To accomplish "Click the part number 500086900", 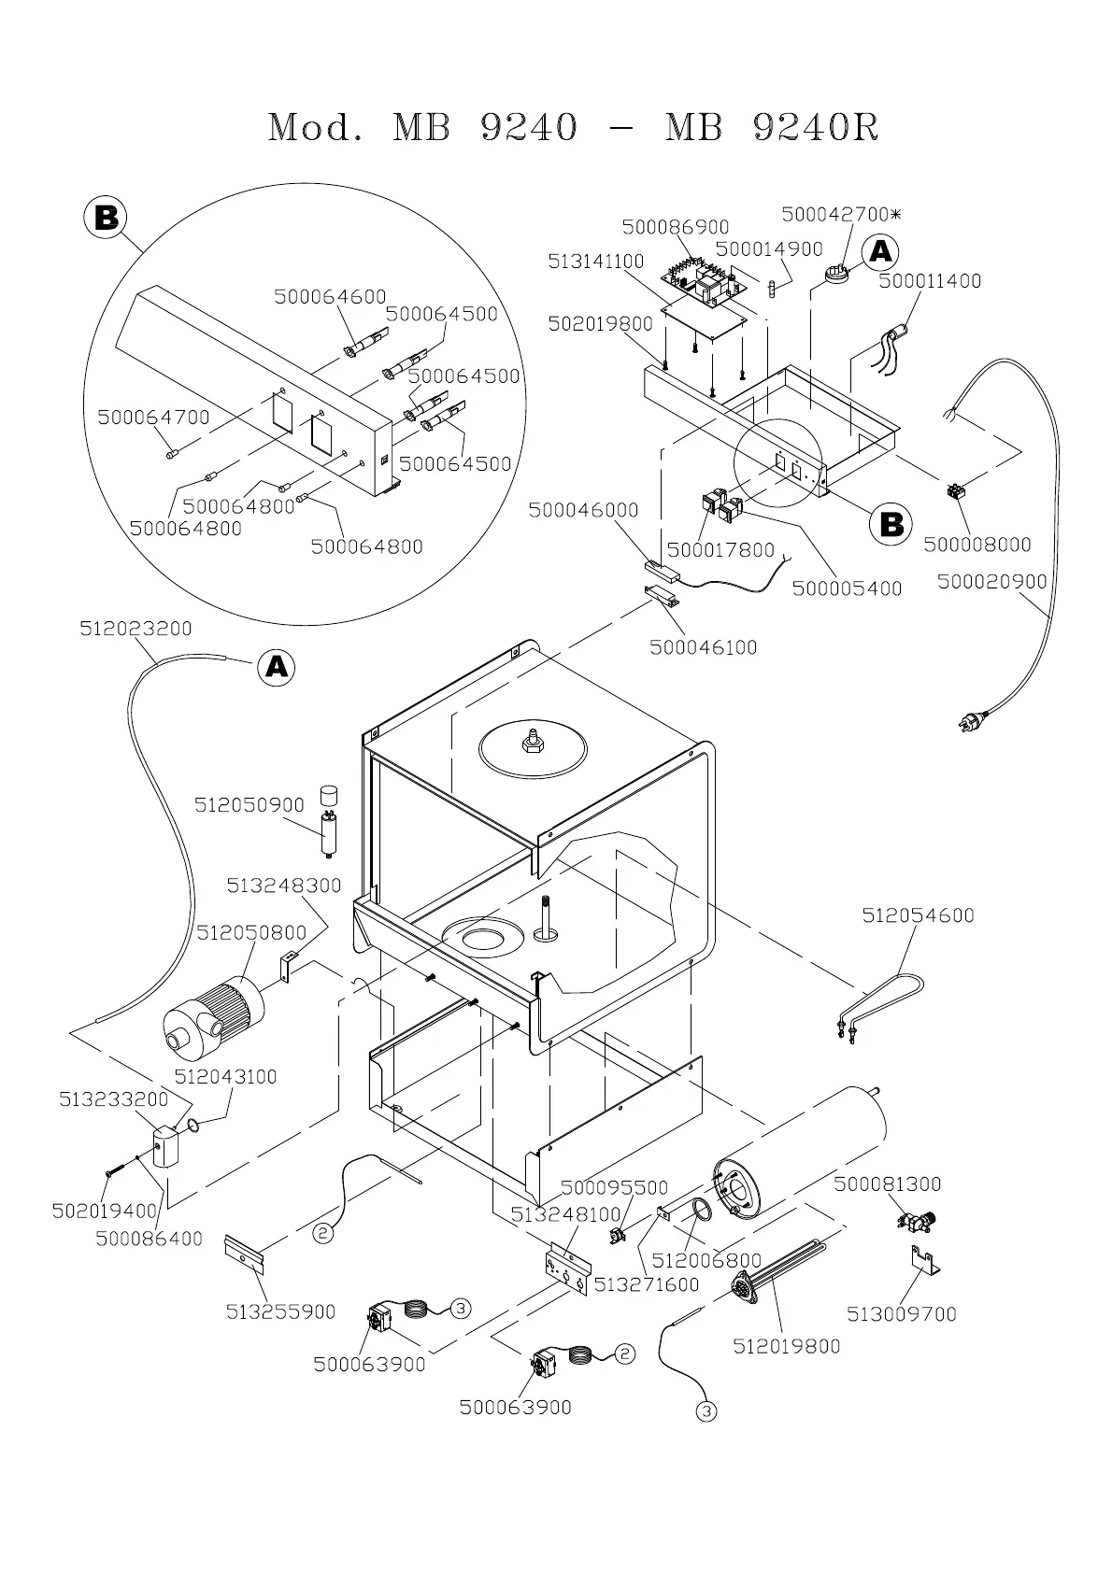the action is point(675,227).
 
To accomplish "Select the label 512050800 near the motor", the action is point(250,932).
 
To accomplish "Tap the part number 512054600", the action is point(918,915).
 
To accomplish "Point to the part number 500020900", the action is point(991,581).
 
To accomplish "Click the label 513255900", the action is point(280,1311).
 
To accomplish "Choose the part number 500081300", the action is point(887,1184).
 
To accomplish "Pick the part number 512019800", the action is point(786,1346).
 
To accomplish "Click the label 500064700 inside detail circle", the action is point(153,418).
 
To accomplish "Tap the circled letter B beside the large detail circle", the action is point(106,217).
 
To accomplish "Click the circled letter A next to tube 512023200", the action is point(276,666).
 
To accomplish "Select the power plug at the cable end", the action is point(974,720).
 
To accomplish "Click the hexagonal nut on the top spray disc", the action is point(532,742).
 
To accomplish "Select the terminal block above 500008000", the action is point(957,490).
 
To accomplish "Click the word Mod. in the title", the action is point(316,128).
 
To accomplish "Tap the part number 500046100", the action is point(703,646).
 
